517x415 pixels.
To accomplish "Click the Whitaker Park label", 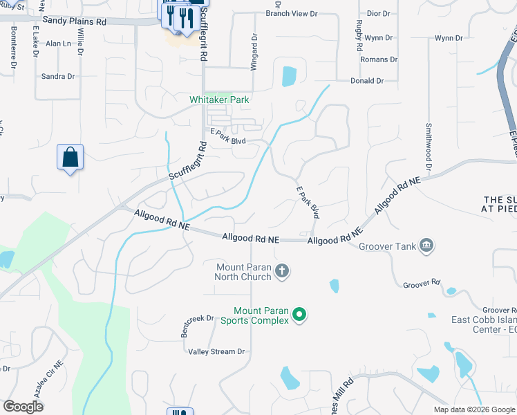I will pos(219,100).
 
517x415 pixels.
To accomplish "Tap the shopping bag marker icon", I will pos(70,157).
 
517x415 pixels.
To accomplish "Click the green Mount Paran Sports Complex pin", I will pos(299,315).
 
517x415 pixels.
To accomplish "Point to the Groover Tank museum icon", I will pos(426,246).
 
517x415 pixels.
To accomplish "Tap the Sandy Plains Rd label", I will pos(74,21).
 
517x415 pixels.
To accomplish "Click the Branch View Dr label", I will pos(291,13).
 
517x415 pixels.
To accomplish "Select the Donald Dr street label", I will pos(367,81).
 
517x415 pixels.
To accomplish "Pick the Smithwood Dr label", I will pos(429,148).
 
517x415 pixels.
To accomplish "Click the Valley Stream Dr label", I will pos(217,351).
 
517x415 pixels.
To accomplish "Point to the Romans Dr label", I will pos(379,59).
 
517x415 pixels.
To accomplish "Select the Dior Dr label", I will pos(379,13).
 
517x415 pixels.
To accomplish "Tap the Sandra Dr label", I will pos(58,76).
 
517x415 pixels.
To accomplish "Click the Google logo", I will pos(23,406).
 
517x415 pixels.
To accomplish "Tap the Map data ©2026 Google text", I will pos(474,409).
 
